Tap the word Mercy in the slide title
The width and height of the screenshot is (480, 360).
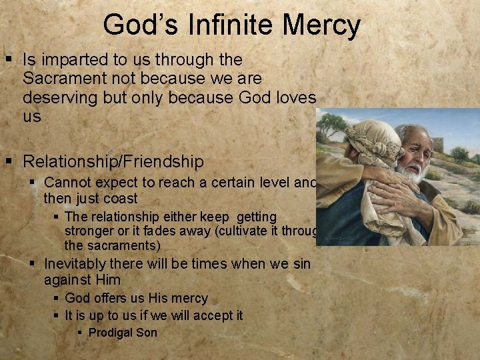click(321, 25)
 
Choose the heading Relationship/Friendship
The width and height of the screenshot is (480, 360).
click(113, 161)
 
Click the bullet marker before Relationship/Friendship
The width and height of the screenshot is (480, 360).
click(9, 161)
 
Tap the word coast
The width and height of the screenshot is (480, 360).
click(121, 199)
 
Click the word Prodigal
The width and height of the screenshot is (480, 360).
click(111, 333)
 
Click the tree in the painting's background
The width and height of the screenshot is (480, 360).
click(332, 123)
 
